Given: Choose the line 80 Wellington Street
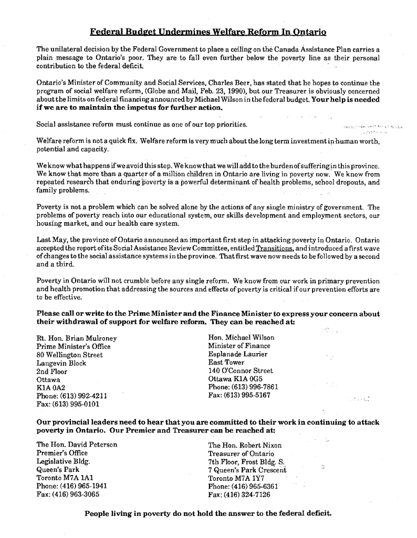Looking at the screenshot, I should coord(69,355).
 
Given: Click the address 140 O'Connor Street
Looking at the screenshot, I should coord(241,371).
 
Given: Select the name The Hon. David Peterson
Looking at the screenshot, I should coord(77,444).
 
